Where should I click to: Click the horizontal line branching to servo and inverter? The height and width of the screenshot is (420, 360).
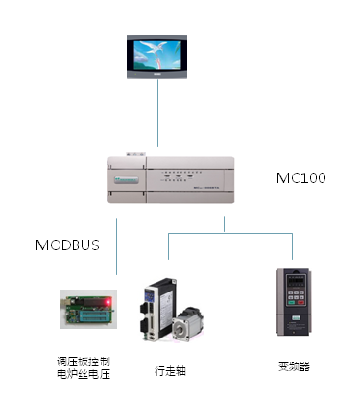(x=230, y=231)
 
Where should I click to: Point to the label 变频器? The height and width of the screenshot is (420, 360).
(x=294, y=365)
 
